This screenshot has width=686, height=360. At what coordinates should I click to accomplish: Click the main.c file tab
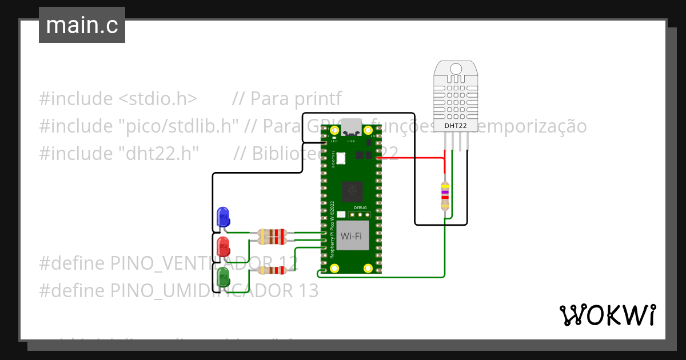coord(82,25)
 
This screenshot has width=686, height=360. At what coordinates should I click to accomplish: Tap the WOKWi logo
coord(607,315)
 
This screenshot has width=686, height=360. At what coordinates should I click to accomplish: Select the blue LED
coord(223,217)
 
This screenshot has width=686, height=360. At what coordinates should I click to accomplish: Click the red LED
coord(223,247)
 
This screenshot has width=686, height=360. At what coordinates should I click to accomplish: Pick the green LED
coord(223,278)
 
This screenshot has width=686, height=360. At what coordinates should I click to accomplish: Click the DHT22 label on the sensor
coord(456,125)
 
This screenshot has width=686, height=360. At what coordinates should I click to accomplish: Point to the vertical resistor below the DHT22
coord(445,196)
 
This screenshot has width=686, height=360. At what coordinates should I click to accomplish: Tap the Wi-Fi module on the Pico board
coord(352,236)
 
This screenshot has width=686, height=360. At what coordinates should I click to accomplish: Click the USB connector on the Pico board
coord(350,126)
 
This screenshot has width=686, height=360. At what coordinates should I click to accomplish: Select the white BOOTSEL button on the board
coord(341,158)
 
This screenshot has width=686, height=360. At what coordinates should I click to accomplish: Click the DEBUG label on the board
coord(360,208)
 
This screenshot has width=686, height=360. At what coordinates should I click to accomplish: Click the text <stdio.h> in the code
coord(158,98)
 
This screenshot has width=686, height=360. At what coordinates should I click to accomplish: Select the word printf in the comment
coord(318,98)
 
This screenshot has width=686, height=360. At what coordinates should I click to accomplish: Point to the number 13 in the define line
coord(308,291)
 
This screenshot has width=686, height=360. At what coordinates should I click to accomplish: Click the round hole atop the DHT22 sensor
coord(456,69)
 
